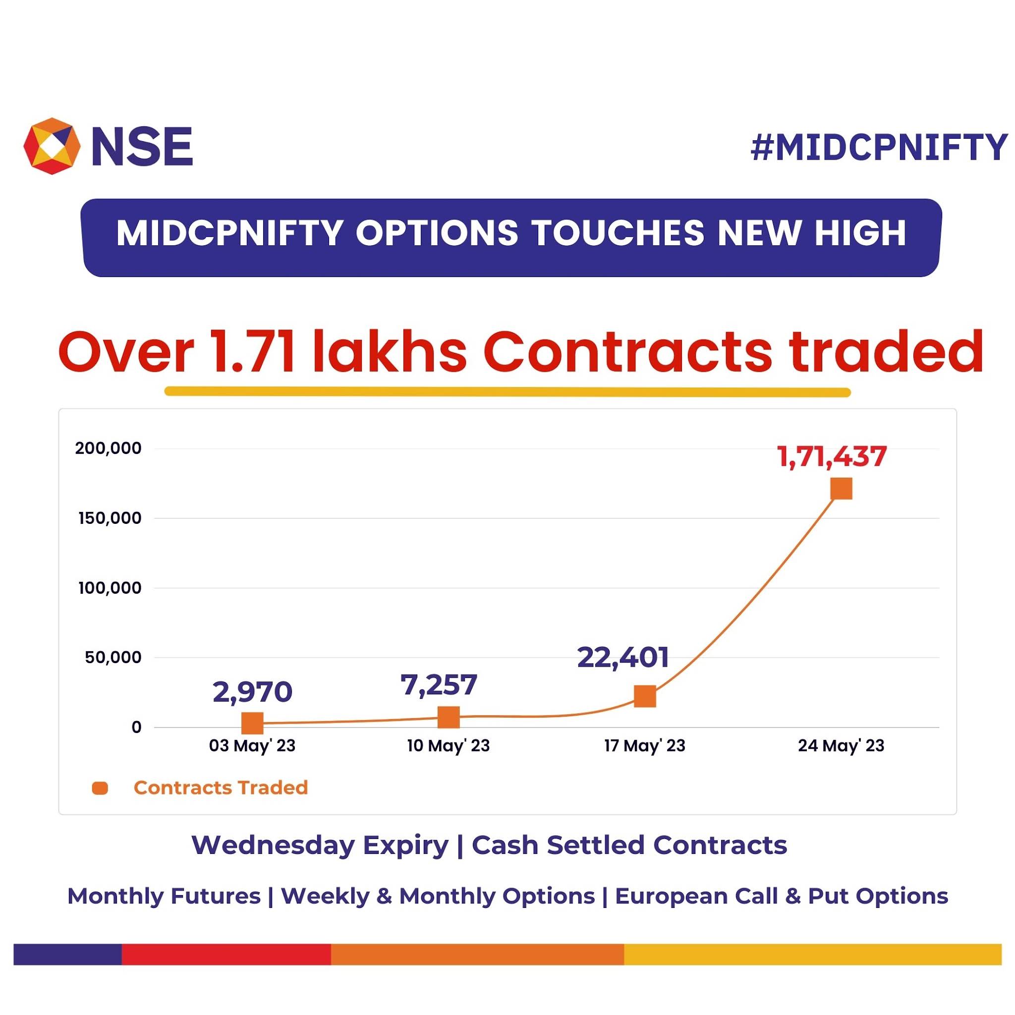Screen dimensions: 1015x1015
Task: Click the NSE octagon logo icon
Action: [52, 146]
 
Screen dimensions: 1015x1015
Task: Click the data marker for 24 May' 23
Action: [841, 489]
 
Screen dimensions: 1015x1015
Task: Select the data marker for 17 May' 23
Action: [645, 697]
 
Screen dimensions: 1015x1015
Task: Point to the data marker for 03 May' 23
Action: [252, 724]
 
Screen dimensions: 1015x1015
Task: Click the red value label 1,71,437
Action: [832, 456]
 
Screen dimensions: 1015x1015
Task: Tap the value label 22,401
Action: [622, 657]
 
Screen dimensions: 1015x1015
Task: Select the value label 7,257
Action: [439, 684]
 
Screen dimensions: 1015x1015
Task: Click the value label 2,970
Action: [252, 692]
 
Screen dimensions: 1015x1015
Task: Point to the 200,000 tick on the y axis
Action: [108, 449]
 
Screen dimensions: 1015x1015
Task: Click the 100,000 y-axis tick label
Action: [110, 588]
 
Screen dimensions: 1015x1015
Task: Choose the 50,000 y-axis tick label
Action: [113, 658]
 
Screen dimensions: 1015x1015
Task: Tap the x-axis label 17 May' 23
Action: [645, 746]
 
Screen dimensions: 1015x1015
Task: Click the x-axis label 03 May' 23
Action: [252, 746]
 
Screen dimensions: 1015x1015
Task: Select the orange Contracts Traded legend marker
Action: [100, 788]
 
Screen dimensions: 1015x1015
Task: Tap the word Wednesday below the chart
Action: [320, 846]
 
